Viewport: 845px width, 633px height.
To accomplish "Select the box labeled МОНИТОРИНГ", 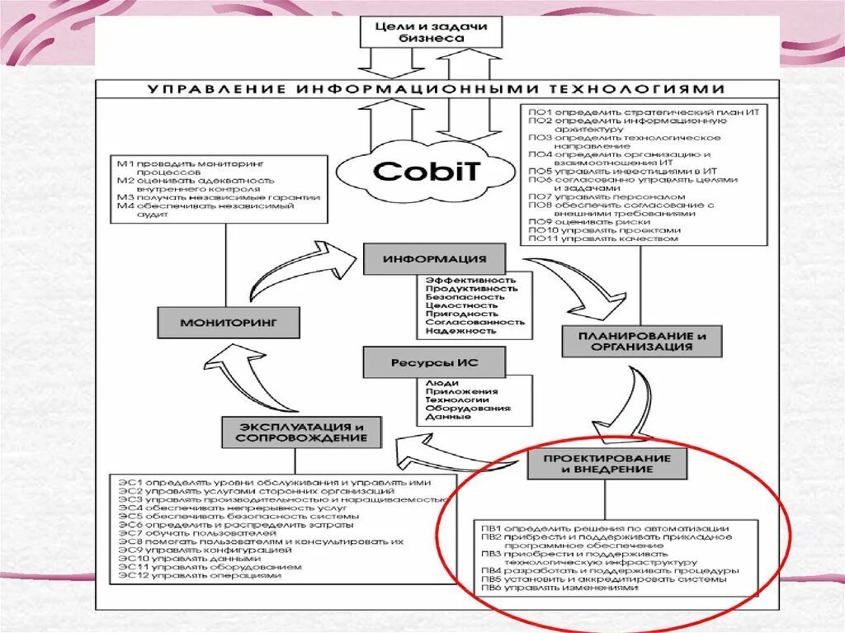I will pyautogui.click(x=229, y=322).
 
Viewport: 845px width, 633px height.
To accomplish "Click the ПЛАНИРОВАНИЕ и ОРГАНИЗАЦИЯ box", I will pyautogui.click(x=642, y=341).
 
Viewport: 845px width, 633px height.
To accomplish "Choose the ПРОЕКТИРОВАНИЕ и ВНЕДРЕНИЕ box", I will pyautogui.click(x=607, y=463).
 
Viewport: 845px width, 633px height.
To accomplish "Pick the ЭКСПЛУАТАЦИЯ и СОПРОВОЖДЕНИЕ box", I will pyautogui.click(x=301, y=432).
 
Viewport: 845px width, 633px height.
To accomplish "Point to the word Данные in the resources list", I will pyautogui.click(x=448, y=417).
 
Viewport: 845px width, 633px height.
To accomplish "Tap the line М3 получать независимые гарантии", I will pyautogui.click(x=218, y=197).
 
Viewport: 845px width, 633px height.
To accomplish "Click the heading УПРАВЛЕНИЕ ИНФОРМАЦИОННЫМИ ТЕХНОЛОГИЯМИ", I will pyautogui.click(x=436, y=89).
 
